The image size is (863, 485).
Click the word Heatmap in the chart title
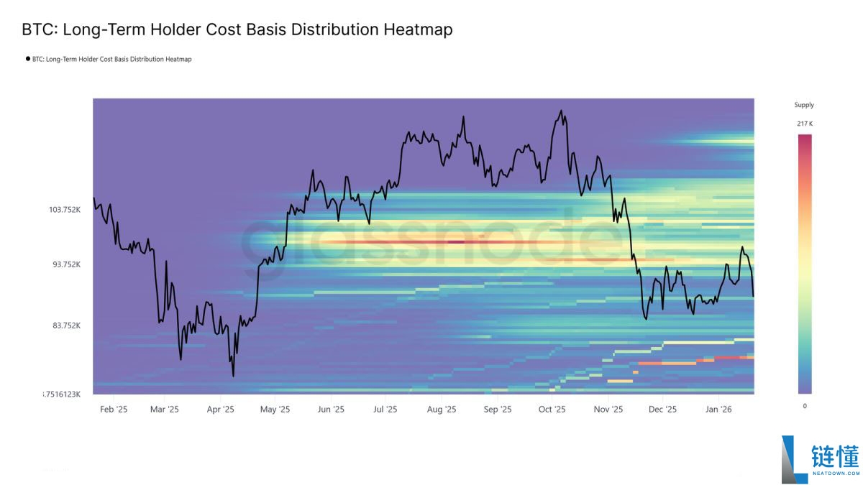[418, 29]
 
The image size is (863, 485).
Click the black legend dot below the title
[28, 59]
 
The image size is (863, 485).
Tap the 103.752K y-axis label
[65, 210]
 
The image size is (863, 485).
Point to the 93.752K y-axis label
[67, 264]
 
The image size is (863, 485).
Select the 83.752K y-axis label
[67, 325]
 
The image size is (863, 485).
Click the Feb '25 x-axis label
[114, 409]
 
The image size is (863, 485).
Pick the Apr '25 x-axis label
[220, 409]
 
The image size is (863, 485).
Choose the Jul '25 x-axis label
[385, 409]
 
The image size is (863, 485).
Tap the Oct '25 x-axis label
[552, 409]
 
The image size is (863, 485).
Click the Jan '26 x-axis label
[718, 409]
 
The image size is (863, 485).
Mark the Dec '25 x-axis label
[662, 409]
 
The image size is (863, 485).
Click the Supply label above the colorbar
[804, 105]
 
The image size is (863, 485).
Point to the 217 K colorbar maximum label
[805, 124]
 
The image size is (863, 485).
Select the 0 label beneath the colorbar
[805, 406]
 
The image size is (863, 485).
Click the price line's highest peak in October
[561, 111]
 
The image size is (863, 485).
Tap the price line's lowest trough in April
[233, 376]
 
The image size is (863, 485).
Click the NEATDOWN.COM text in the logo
[836, 473]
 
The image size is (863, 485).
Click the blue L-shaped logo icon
[794, 460]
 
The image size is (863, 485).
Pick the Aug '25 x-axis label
[442, 409]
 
